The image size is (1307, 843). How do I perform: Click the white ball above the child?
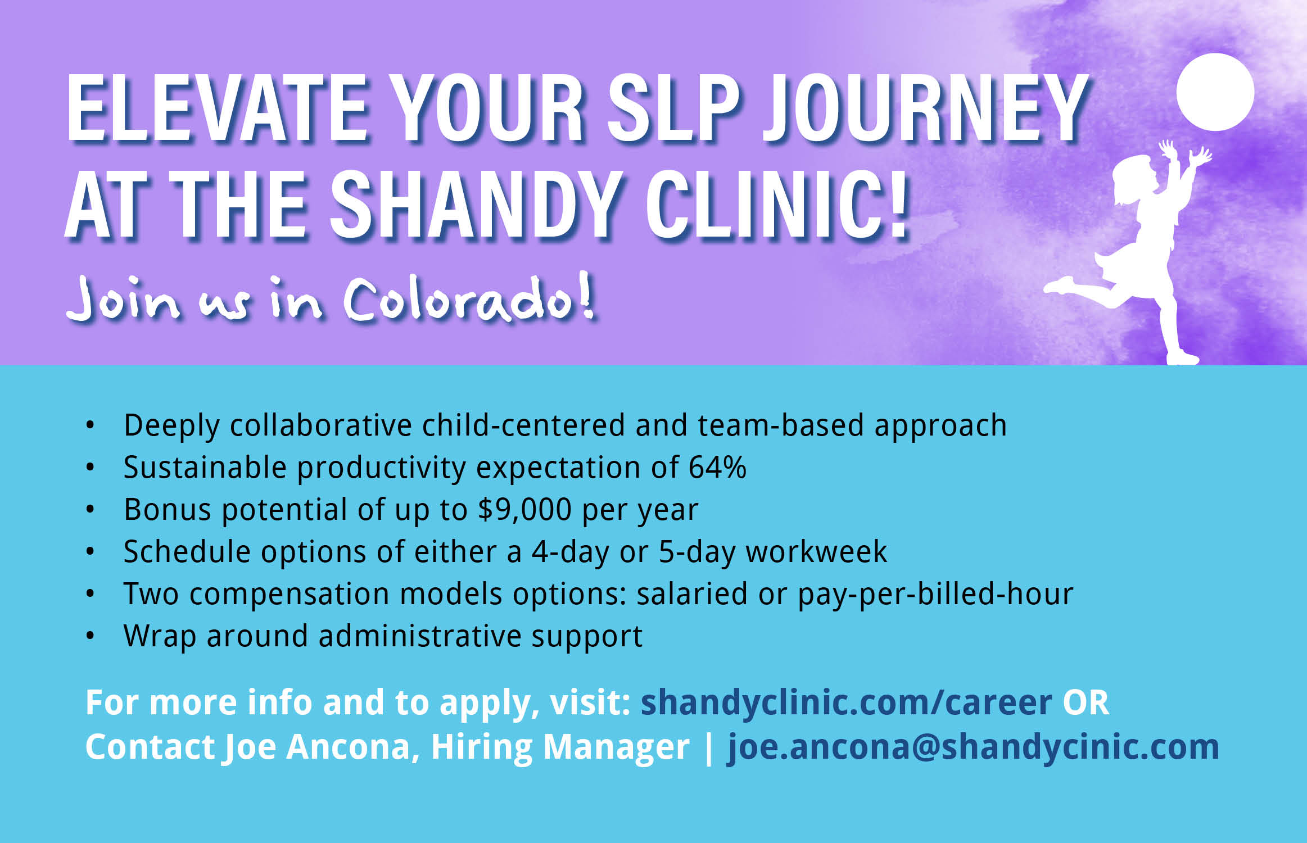(x=1215, y=92)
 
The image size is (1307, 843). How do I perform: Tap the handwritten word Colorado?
(x=469, y=298)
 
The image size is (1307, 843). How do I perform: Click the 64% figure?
(x=717, y=467)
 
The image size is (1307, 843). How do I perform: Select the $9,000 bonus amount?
(x=524, y=510)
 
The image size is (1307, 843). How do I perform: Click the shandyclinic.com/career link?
(x=847, y=703)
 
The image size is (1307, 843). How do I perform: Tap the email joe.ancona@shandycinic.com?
(x=973, y=747)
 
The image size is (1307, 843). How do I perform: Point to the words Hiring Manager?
(x=560, y=747)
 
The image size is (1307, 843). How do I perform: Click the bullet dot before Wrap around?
(x=90, y=636)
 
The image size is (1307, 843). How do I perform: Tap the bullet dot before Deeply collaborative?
(x=90, y=425)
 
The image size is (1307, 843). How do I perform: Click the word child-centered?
(x=523, y=425)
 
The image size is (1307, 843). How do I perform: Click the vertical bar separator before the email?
(x=709, y=748)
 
